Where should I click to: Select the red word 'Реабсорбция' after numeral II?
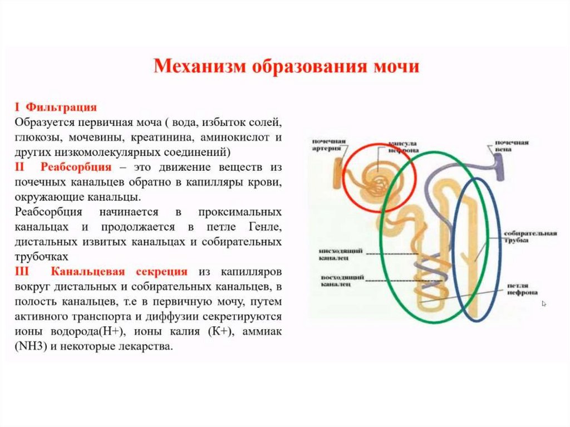point(76,168)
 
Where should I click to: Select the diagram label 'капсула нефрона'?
point(392,146)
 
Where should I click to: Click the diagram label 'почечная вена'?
point(512,146)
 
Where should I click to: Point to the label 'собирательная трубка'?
point(529,237)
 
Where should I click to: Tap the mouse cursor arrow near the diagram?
point(544,303)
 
